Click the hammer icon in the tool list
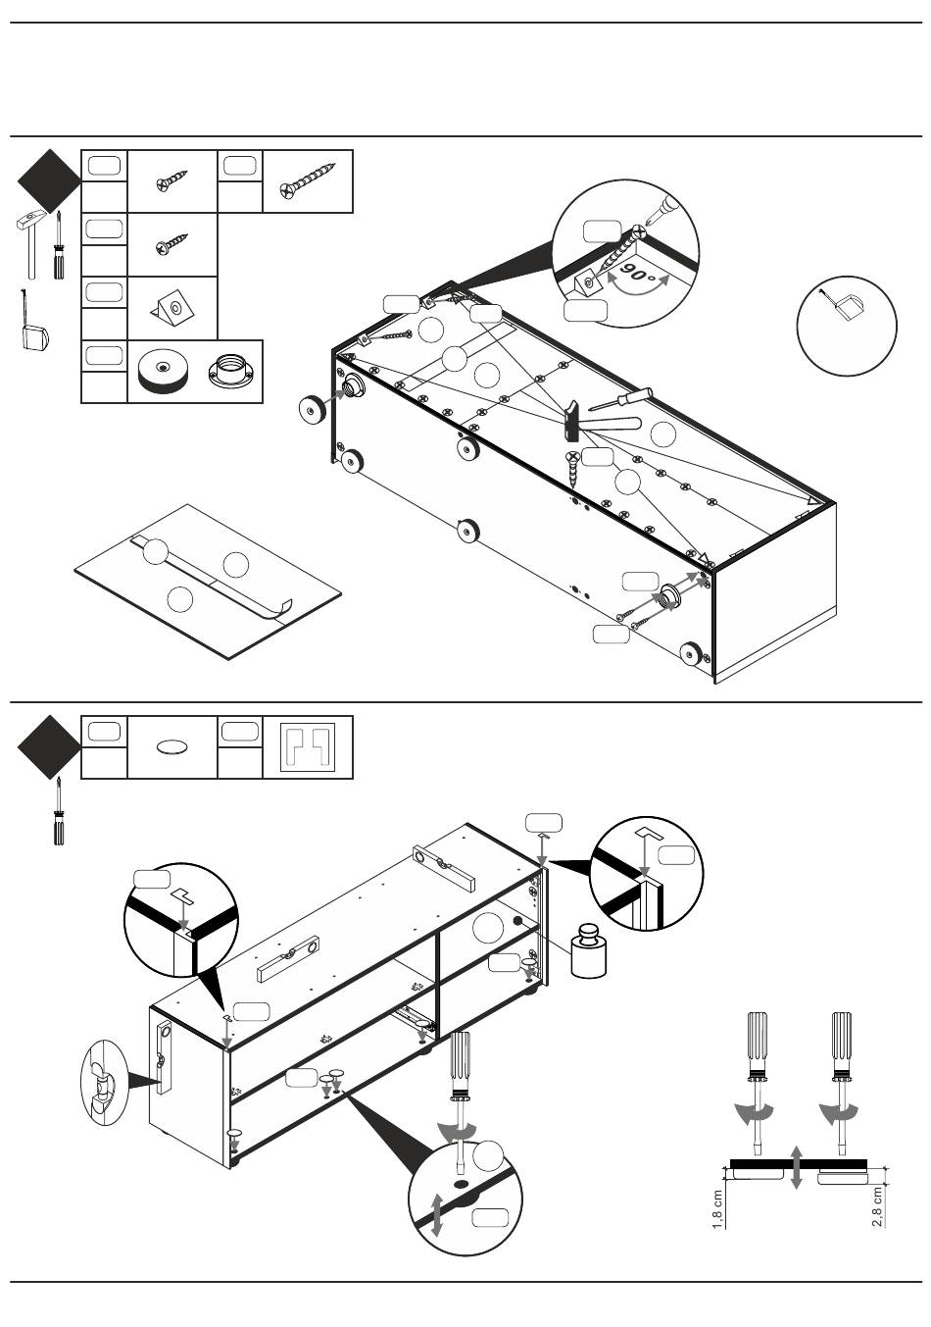click(x=31, y=240)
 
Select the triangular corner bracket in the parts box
click(x=172, y=308)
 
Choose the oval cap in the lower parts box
click(x=171, y=747)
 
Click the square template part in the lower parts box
click(x=308, y=748)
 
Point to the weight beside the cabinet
click(x=591, y=951)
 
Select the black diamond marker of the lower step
click(x=49, y=747)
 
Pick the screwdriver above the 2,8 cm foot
click(x=841, y=1074)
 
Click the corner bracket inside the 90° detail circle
click(x=587, y=282)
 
